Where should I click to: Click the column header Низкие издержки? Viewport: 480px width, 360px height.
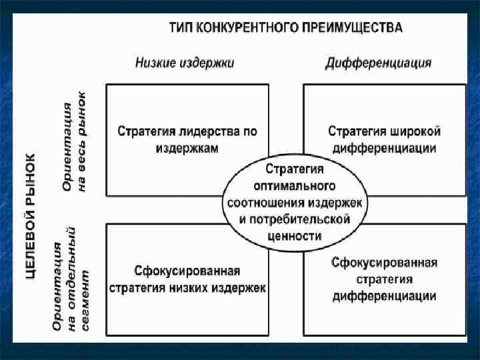(185, 63)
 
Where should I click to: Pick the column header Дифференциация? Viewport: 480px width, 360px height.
(378, 63)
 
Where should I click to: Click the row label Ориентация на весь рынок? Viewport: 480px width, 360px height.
(74, 140)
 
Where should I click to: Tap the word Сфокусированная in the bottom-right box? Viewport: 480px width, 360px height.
(385, 263)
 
